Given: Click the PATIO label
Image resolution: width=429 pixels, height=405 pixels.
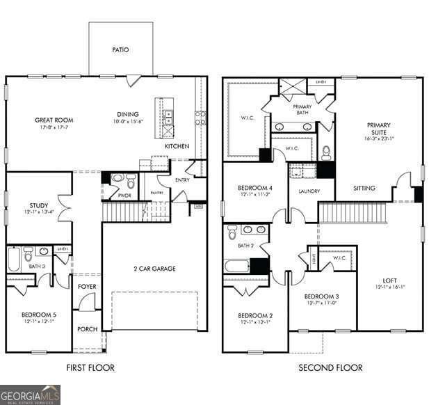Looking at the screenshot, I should [121, 50].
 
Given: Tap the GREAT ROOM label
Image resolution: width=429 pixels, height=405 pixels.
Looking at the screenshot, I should [54, 120].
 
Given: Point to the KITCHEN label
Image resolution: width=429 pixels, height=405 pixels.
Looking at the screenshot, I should [177, 147].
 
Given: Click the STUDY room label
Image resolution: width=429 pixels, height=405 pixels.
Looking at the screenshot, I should [39, 206].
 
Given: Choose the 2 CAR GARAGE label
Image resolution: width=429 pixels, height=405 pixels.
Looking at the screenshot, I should [154, 269].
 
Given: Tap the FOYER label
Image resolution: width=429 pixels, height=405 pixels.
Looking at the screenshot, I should [87, 286].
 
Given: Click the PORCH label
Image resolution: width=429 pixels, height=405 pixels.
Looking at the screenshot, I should [87, 329].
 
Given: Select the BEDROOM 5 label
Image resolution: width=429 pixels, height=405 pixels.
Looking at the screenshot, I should [39, 315].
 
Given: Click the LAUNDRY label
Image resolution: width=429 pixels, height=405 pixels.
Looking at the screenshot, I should [309, 191].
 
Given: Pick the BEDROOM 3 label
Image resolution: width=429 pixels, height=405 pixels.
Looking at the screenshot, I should [322, 297].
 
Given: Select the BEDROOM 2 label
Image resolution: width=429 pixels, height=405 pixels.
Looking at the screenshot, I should [255, 316].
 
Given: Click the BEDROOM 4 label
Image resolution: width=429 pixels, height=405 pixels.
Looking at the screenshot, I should [255, 188].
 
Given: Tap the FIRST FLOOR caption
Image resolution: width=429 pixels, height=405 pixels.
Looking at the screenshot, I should [90, 367].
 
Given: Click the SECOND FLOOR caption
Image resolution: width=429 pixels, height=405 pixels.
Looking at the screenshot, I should [330, 367].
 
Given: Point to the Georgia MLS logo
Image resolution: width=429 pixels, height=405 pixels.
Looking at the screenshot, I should [30, 395].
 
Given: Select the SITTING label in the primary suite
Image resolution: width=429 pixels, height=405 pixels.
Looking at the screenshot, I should [364, 189].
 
